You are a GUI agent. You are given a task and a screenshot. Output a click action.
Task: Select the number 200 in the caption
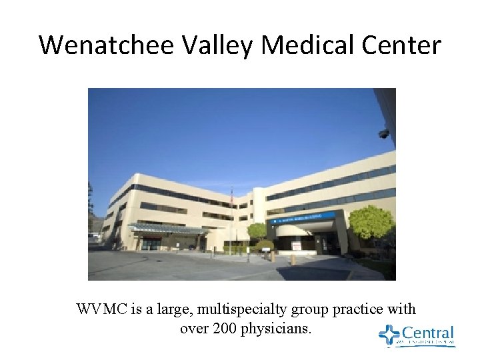tap(225, 328)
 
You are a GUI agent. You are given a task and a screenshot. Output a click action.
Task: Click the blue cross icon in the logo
tap(388, 335)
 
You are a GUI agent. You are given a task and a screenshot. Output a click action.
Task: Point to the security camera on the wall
tap(384, 133)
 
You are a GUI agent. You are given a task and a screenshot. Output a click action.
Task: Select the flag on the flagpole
tap(233, 198)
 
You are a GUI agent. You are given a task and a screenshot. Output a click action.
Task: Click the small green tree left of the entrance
tap(257, 231)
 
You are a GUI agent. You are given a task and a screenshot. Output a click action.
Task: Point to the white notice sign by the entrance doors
tap(296, 245)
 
